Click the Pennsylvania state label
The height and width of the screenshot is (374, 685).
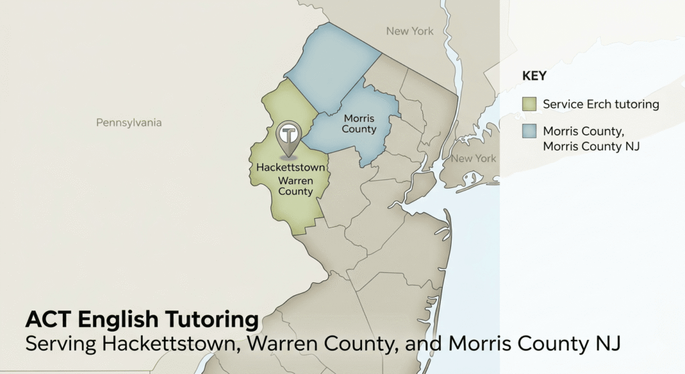pyautogui.click(x=128, y=123)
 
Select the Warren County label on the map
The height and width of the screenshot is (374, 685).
pyautogui.click(x=295, y=186)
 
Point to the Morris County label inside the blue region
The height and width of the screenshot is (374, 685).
pyautogui.click(x=359, y=124)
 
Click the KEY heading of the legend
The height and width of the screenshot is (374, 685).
pyautogui.click(x=534, y=76)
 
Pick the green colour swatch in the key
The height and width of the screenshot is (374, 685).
pyautogui.click(x=529, y=104)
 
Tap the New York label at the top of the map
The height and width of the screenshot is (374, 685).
pyautogui.click(x=409, y=31)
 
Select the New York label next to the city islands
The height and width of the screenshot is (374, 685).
pyautogui.click(x=473, y=159)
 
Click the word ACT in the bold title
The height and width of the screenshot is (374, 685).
pyautogui.click(x=49, y=319)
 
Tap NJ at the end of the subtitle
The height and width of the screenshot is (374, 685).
pyautogui.click(x=609, y=344)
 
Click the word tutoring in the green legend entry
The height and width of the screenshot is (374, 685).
pyautogui.click(x=632, y=104)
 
